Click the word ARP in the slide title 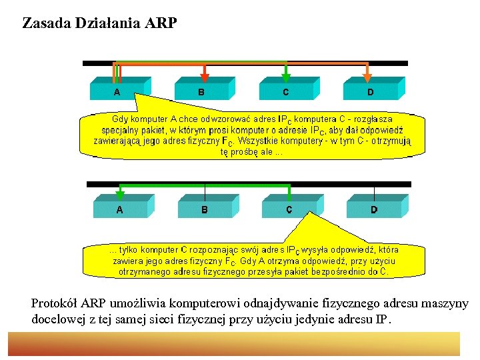click(x=160, y=24)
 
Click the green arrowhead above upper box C click(x=286, y=77)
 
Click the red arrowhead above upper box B click(x=205, y=77)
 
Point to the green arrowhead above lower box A click(x=120, y=195)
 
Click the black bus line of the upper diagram click(x=393, y=63)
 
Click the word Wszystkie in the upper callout click(x=266, y=141)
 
